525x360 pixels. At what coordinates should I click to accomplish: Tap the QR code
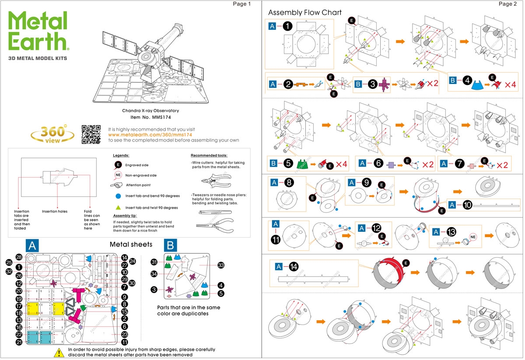pos(91,134)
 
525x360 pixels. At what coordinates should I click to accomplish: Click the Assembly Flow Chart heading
pos(304,12)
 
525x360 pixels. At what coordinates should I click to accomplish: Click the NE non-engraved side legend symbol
pos(118,175)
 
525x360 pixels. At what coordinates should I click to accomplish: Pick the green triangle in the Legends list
pos(118,207)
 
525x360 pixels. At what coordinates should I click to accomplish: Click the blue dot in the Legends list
pos(118,196)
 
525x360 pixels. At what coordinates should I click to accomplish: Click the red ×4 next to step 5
pos(341,164)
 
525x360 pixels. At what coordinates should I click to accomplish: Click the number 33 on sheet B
pos(220,265)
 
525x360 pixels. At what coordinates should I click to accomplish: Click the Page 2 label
pos(508,4)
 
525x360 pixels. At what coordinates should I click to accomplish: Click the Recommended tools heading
pos(209,155)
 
